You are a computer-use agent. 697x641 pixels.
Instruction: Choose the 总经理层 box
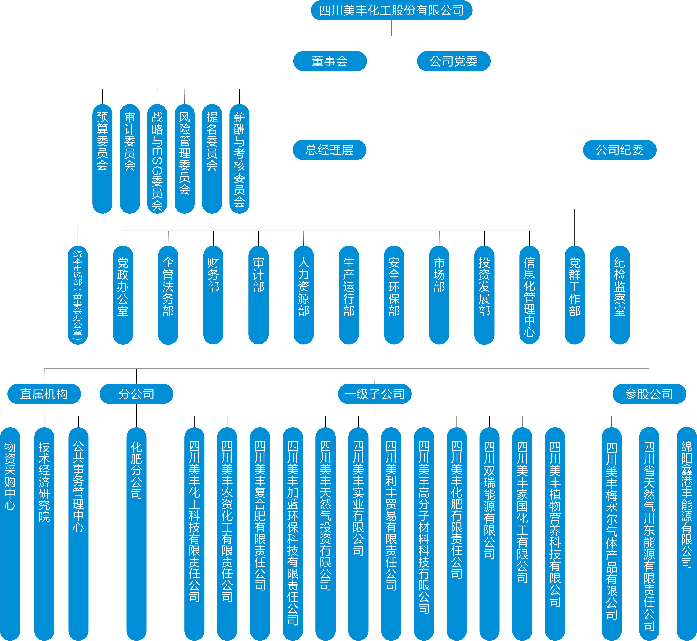click(x=330, y=150)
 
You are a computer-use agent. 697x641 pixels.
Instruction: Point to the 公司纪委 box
click(x=620, y=150)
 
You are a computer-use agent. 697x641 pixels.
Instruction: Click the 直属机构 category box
click(x=44, y=394)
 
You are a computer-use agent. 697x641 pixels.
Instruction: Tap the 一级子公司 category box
click(x=375, y=394)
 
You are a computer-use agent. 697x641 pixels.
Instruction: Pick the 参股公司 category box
click(x=649, y=394)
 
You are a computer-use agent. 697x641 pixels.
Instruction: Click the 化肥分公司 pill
click(x=136, y=534)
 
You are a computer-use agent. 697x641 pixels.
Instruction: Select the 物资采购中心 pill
click(x=10, y=534)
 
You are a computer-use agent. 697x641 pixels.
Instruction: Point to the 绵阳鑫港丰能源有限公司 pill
click(x=687, y=534)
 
